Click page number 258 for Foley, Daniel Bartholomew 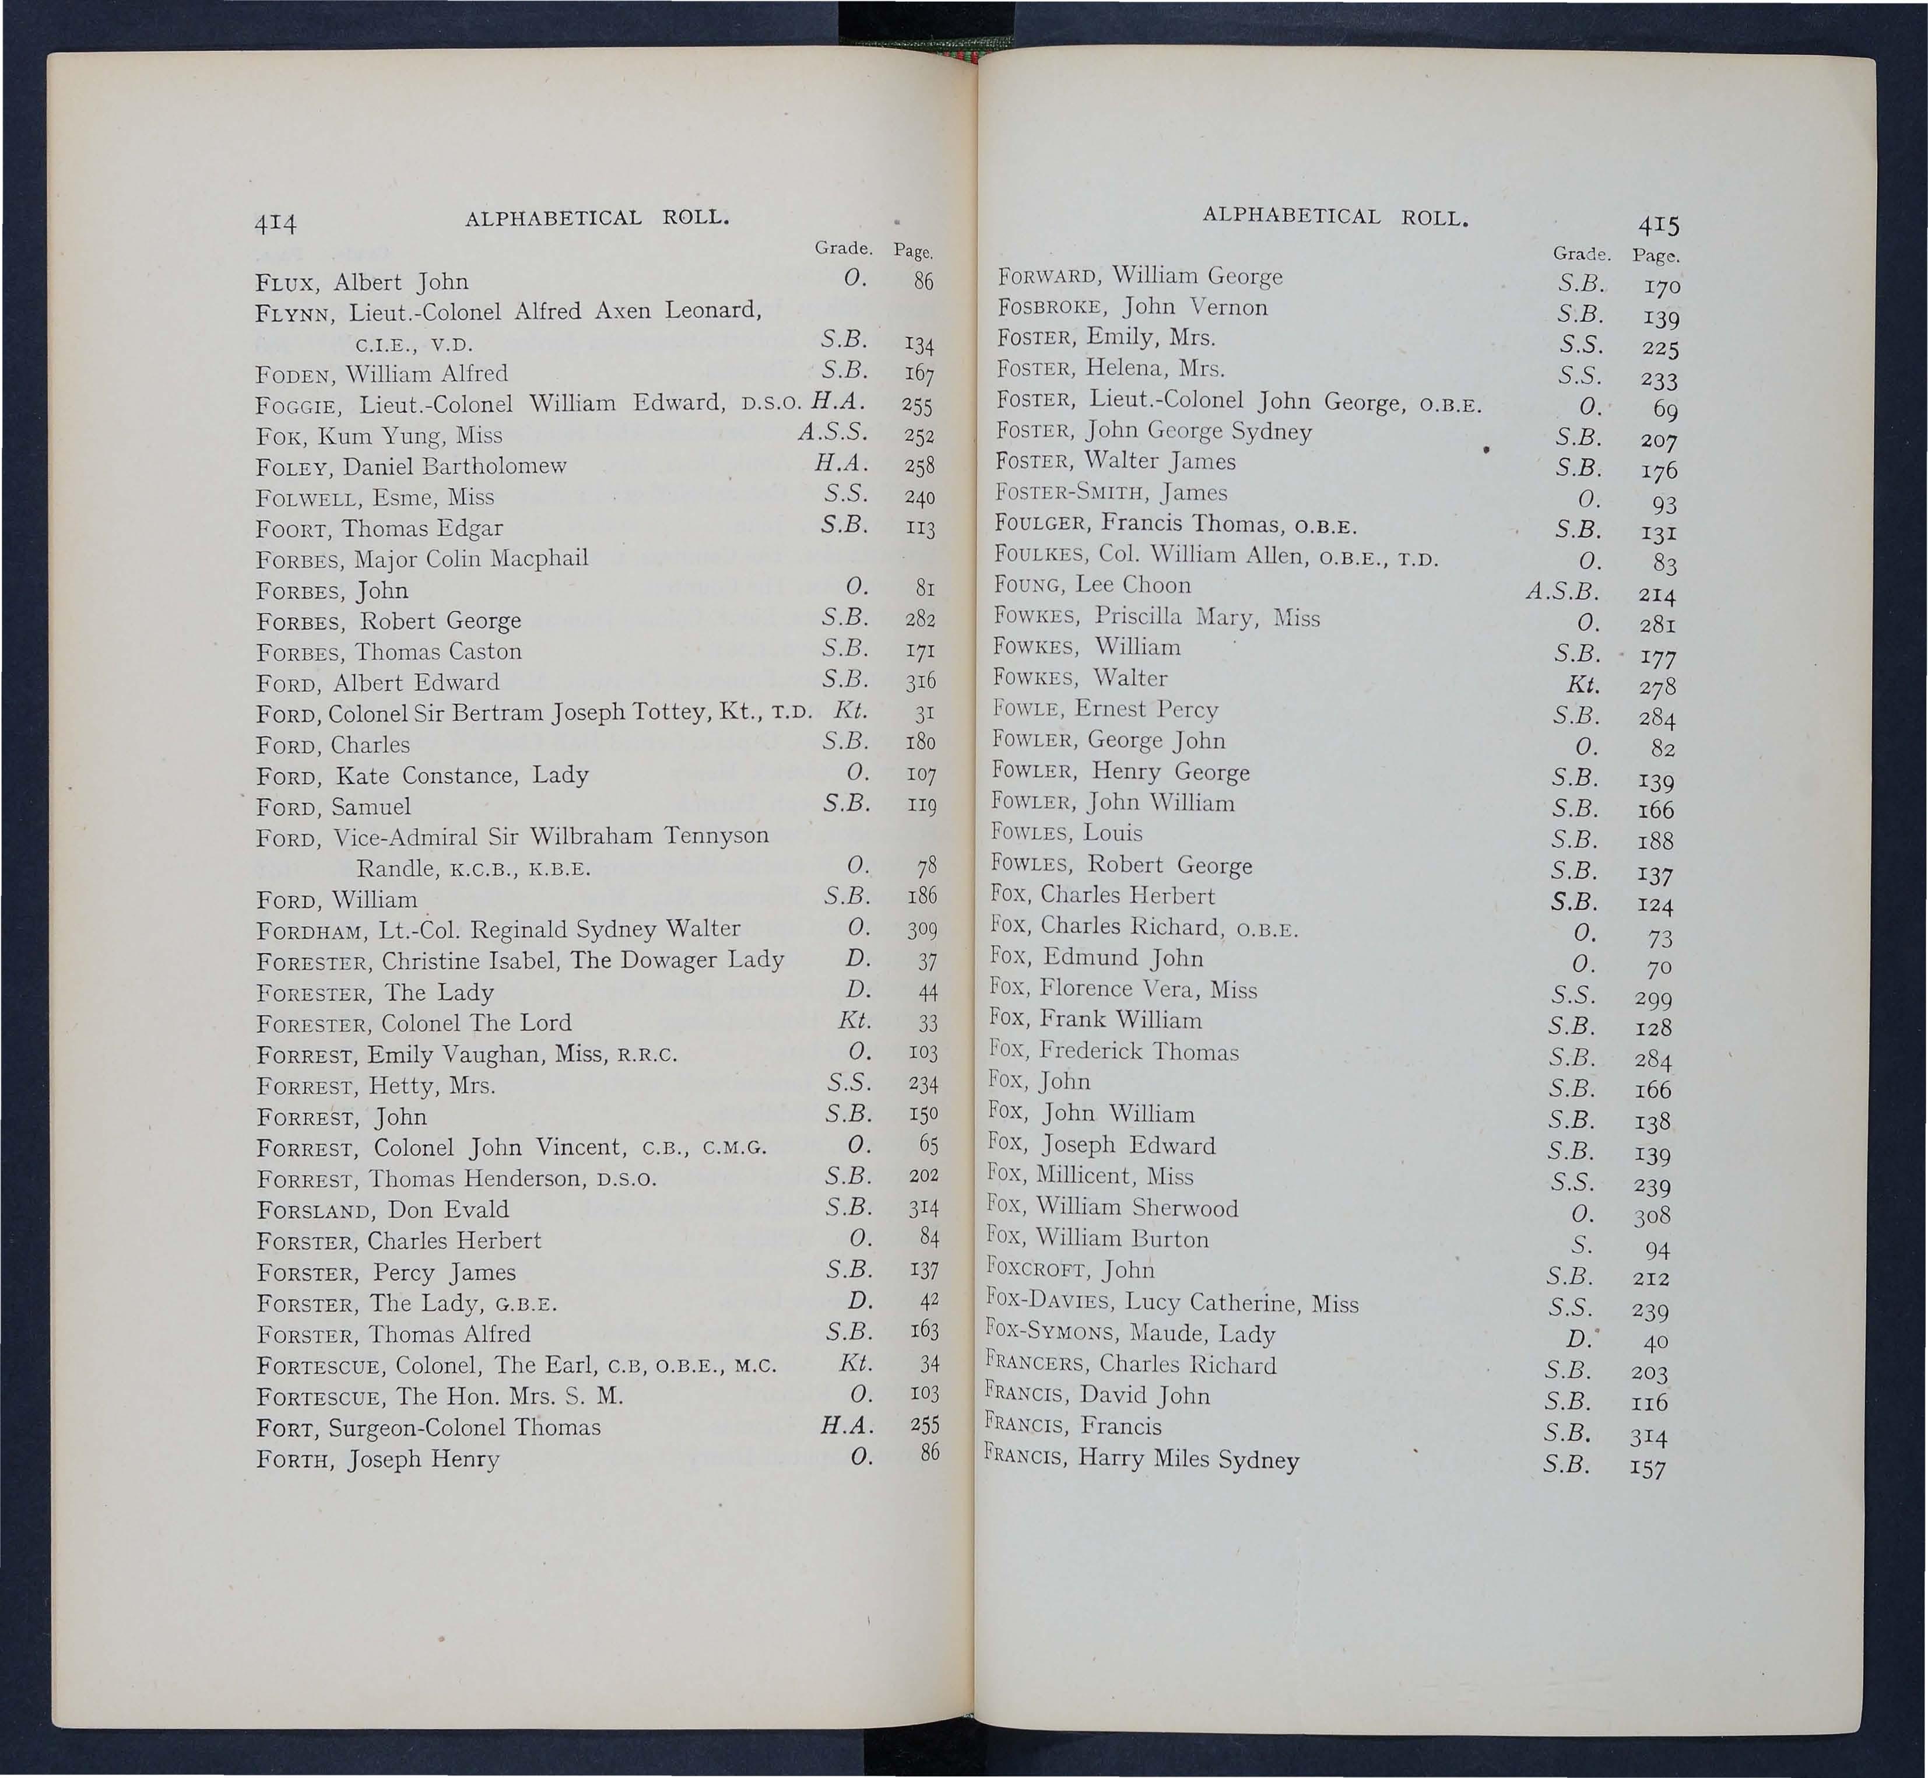pos(921,466)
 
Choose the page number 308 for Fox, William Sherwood pos(1651,1217)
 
